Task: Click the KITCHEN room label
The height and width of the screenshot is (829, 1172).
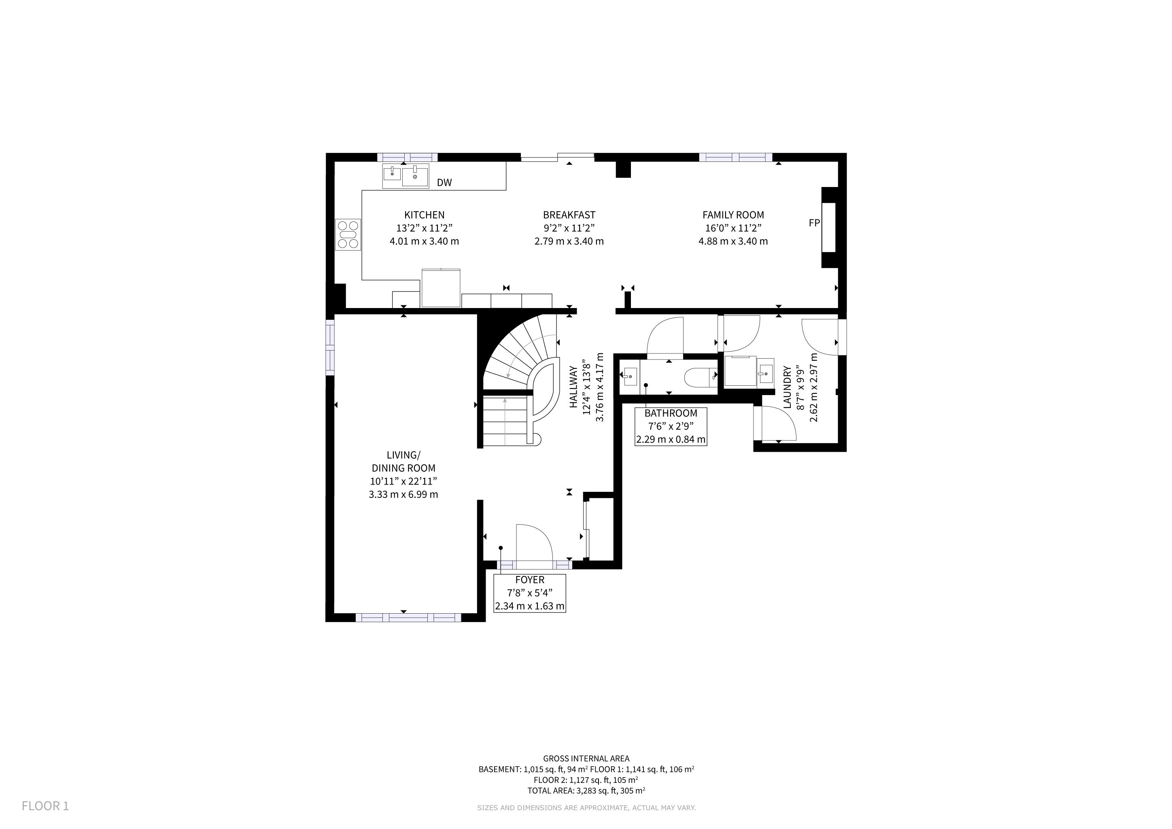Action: coord(424,215)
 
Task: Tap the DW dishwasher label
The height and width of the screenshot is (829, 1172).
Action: coord(444,183)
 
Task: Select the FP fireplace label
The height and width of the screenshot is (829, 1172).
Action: coord(814,223)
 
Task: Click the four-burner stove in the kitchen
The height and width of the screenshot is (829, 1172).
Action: coord(348,234)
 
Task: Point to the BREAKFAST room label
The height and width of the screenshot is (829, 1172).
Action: coord(569,215)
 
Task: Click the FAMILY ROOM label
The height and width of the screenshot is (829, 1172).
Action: coord(733,215)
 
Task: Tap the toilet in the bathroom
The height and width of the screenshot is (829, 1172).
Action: coord(701,377)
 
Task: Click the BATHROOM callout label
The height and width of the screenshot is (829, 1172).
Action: coord(671,413)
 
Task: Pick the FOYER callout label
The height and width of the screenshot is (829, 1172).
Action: coord(530,580)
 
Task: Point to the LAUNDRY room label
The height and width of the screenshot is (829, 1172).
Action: coord(787,387)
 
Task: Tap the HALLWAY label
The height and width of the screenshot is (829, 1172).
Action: coord(574,387)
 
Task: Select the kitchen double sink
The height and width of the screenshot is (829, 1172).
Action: coord(406,176)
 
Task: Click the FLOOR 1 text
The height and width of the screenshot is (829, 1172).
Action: coord(45,806)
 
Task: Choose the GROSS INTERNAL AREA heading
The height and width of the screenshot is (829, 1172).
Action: coord(586,759)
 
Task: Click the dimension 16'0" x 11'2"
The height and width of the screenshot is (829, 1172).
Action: coord(733,228)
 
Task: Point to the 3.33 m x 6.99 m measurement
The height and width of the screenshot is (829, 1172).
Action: coord(403,494)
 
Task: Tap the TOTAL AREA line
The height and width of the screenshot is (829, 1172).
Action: coord(586,791)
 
